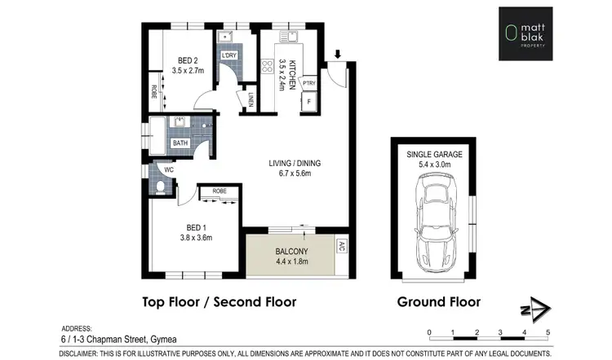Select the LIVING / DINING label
pyautogui.click(x=295, y=163)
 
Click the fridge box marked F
pyautogui.click(x=309, y=103)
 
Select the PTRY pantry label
pyautogui.click(x=309, y=82)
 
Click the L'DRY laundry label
pyautogui.click(x=228, y=55)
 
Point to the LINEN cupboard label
pyautogui.click(x=250, y=99)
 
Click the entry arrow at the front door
pyautogui.click(x=338, y=55)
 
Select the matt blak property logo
pyautogui.click(x=538, y=34)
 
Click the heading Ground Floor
pyautogui.click(x=438, y=301)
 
